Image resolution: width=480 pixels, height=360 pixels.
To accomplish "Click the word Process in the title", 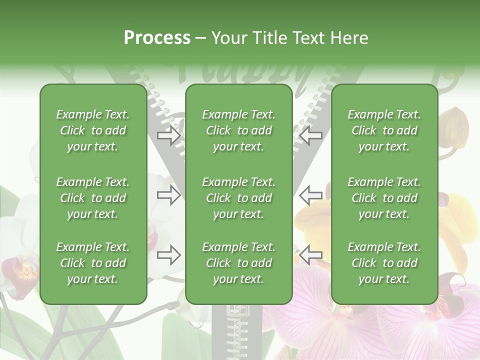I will (x=157, y=38).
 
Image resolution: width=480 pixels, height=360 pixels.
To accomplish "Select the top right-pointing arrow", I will (x=169, y=135).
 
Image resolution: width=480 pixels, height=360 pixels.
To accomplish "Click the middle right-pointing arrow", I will (x=169, y=195).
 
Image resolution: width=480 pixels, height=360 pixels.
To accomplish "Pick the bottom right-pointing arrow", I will (x=169, y=255).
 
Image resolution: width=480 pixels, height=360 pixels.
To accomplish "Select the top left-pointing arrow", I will (x=310, y=135).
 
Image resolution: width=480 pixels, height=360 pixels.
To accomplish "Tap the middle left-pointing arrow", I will (x=310, y=195).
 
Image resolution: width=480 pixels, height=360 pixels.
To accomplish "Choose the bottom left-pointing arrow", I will (x=310, y=255).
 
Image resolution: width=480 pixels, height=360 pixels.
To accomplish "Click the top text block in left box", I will (x=93, y=130).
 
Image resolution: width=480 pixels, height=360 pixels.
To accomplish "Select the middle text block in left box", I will (x=93, y=198).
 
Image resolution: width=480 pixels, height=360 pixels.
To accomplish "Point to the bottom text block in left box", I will (x=93, y=263).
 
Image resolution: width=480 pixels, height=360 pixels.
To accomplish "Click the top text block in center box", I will (x=239, y=130).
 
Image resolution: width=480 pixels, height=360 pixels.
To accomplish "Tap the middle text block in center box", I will (x=239, y=198).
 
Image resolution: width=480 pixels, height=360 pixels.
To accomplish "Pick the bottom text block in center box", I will (x=239, y=263).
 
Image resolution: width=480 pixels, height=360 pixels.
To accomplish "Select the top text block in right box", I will (x=384, y=130).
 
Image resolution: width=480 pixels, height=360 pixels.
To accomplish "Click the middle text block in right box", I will (x=384, y=198).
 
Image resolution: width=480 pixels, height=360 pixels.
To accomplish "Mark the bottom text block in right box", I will (x=384, y=263).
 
